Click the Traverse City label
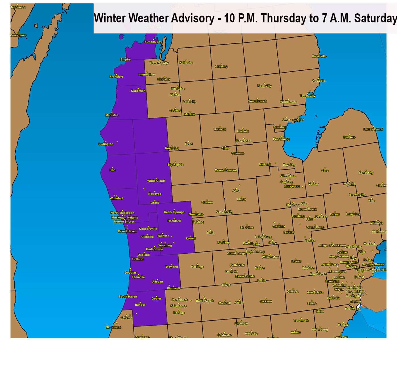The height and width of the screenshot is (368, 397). (x=159, y=63)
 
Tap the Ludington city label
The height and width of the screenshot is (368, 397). (x=106, y=144)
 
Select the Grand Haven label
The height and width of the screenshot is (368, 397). (x=127, y=231)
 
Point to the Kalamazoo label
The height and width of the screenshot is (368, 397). (x=178, y=306)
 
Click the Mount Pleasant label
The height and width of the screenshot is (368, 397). (x=226, y=170)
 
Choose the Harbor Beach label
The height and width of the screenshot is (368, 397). (x=373, y=129)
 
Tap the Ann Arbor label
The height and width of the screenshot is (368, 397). (x=314, y=292)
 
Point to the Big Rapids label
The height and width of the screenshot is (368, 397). (x=176, y=164)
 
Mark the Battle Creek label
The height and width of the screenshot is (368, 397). (x=204, y=301)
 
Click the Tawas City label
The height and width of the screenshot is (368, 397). (x=307, y=96)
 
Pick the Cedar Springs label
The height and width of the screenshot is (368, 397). (x=174, y=212)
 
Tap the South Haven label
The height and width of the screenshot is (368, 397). (x=128, y=297)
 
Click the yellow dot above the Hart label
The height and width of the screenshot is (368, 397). (x=112, y=168)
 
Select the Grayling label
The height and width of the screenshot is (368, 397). (x=221, y=67)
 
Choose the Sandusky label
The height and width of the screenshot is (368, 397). (x=366, y=173)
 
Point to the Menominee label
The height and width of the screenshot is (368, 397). (x=18, y=35)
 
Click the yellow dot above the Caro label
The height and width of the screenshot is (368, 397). (x=325, y=168)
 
